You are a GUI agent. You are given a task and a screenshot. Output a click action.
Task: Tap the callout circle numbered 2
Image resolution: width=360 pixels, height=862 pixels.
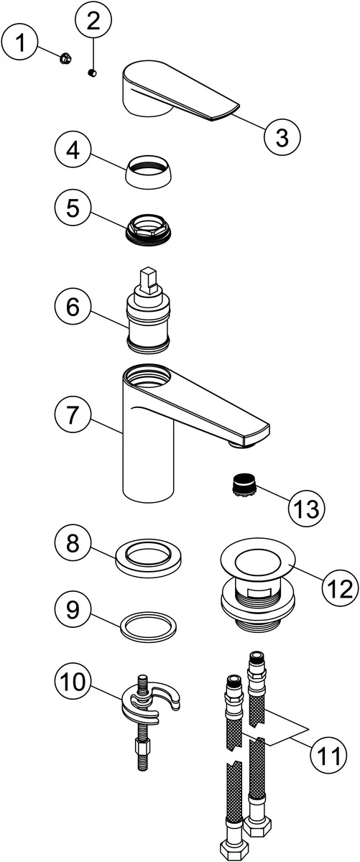click(x=93, y=22)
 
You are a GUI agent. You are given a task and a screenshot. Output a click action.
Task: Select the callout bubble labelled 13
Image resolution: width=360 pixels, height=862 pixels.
click(x=307, y=509)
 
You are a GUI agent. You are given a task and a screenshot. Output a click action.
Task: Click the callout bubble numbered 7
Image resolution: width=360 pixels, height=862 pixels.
click(x=73, y=415)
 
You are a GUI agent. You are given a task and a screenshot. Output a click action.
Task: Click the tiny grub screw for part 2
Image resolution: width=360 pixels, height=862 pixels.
click(x=93, y=73)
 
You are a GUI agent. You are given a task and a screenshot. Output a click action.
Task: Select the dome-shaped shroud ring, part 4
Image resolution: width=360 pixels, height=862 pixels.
click(x=149, y=172)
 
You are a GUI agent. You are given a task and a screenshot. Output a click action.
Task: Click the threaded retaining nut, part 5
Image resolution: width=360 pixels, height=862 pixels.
click(x=149, y=231)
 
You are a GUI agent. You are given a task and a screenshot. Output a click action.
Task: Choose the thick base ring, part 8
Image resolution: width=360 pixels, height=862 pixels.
click(x=148, y=559)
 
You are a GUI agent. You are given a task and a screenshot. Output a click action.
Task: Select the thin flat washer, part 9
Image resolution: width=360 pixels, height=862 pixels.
click(x=149, y=627)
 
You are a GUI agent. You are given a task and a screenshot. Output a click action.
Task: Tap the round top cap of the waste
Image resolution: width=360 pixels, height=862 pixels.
click(x=258, y=559)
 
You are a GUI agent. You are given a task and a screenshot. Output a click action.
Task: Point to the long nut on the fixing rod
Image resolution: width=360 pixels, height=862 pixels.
click(x=141, y=747)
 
